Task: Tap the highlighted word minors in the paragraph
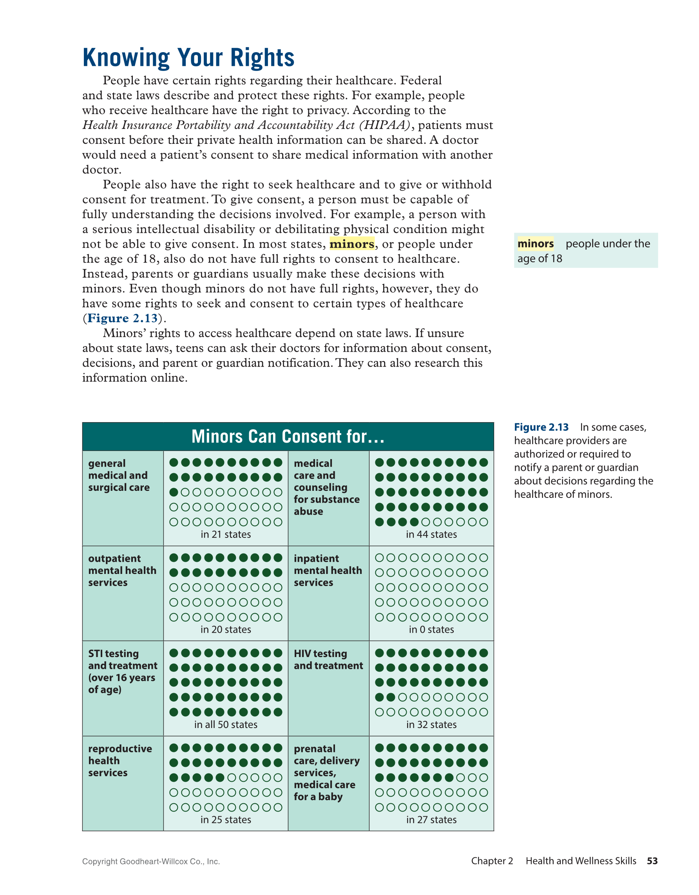pyautogui.click(x=352, y=244)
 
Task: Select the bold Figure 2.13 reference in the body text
pyautogui.click(x=122, y=318)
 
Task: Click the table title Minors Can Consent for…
pyautogui.click(x=288, y=437)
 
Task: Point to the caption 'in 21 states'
pyautogui.click(x=226, y=534)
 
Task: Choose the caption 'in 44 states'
pyautogui.click(x=431, y=534)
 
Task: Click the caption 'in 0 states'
pyautogui.click(x=431, y=630)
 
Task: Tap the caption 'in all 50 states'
pyautogui.click(x=226, y=724)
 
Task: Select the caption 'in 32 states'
pyautogui.click(x=431, y=724)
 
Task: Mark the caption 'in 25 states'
pyautogui.click(x=226, y=820)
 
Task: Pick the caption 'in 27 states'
pyautogui.click(x=431, y=820)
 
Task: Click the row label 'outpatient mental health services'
pyautogui.click(x=122, y=570)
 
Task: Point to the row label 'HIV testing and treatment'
pyautogui.click(x=328, y=659)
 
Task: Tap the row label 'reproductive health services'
pyautogui.click(x=120, y=761)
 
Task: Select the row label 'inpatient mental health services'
pyautogui.click(x=328, y=570)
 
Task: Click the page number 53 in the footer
pyautogui.click(x=652, y=861)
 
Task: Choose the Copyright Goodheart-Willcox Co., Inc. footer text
pyautogui.click(x=151, y=861)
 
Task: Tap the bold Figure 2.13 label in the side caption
pyautogui.click(x=541, y=427)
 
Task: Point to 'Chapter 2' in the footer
pyautogui.click(x=492, y=861)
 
